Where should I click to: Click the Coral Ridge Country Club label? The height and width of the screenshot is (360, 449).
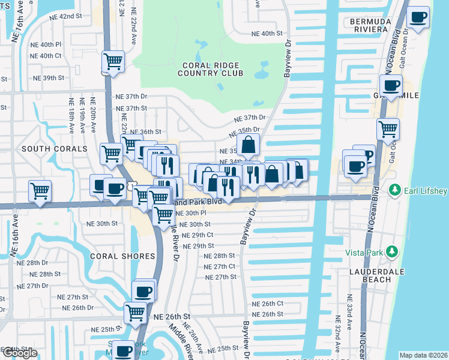210,69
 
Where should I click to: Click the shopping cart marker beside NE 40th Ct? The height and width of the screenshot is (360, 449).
113,61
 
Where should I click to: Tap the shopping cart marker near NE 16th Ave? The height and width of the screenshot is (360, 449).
40,192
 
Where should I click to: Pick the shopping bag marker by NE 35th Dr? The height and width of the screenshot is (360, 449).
248,145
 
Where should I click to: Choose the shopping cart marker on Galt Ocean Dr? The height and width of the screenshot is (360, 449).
388,128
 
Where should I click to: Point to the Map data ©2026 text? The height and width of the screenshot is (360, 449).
423,355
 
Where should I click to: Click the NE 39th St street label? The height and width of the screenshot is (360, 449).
49,78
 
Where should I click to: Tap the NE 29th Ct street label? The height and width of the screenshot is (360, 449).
197,235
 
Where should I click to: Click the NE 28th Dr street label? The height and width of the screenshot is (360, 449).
37,263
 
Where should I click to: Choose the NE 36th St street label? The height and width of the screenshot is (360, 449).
146,131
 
